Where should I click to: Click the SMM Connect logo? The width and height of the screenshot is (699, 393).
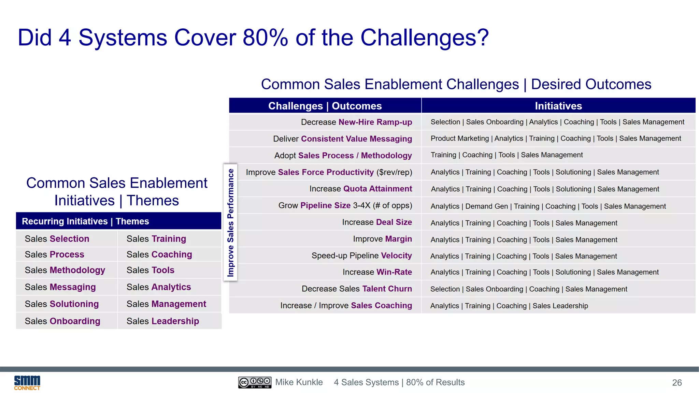pos(27,383)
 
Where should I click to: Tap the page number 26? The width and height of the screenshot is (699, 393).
pos(677,383)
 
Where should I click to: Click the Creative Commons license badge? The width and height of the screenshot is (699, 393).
pos(255,382)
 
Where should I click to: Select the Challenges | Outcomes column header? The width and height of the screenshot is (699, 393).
pos(325,106)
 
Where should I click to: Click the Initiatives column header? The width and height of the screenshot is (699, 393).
pos(558,106)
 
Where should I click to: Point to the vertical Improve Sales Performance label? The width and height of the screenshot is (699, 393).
pos(231,222)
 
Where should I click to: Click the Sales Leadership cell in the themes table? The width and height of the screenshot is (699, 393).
pos(163,321)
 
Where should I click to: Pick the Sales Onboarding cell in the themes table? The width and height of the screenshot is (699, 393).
pos(62,321)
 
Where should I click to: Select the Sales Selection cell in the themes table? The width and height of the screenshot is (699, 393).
pos(57,239)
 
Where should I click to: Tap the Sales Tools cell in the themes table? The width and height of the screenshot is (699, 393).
pos(150,270)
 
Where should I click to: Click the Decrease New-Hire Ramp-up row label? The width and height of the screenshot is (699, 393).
pos(356,122)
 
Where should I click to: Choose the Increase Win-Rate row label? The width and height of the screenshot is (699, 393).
pos(377,272)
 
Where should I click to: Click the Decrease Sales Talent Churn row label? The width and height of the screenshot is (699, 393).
pos(357,289)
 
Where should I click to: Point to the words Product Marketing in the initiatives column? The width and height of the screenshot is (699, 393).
pos(459,139)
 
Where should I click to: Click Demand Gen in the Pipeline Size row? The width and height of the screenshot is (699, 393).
pos(486,206)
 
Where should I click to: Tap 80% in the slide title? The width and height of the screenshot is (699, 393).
pos(265,38)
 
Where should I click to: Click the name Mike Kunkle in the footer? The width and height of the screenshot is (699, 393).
pos(299,382)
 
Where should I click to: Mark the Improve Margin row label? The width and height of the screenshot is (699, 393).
pos(382,239)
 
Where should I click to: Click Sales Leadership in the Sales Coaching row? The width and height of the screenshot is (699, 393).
pos(560,306)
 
